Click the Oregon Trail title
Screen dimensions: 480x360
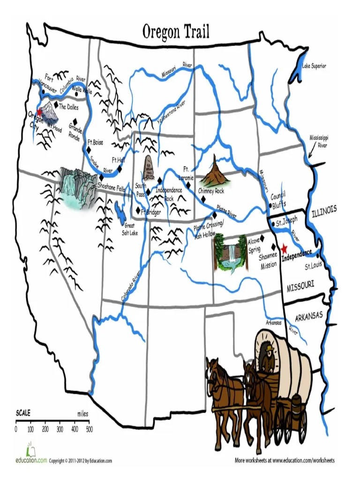point(176,32)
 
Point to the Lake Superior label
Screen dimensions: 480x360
point(314,66)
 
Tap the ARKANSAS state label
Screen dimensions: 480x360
point(309,317)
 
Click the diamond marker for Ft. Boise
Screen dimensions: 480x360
point(88,150)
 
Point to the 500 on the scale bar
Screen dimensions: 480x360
point(89,428)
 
